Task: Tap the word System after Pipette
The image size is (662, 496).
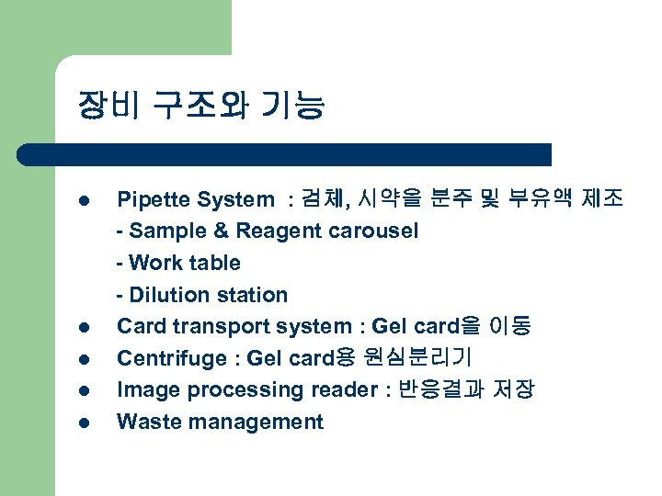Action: tap(232, 199)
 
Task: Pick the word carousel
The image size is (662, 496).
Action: tap(373, 231)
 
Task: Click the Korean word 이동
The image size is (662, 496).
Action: tap(511, 326)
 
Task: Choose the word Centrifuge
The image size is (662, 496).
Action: tap(166, 358)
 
